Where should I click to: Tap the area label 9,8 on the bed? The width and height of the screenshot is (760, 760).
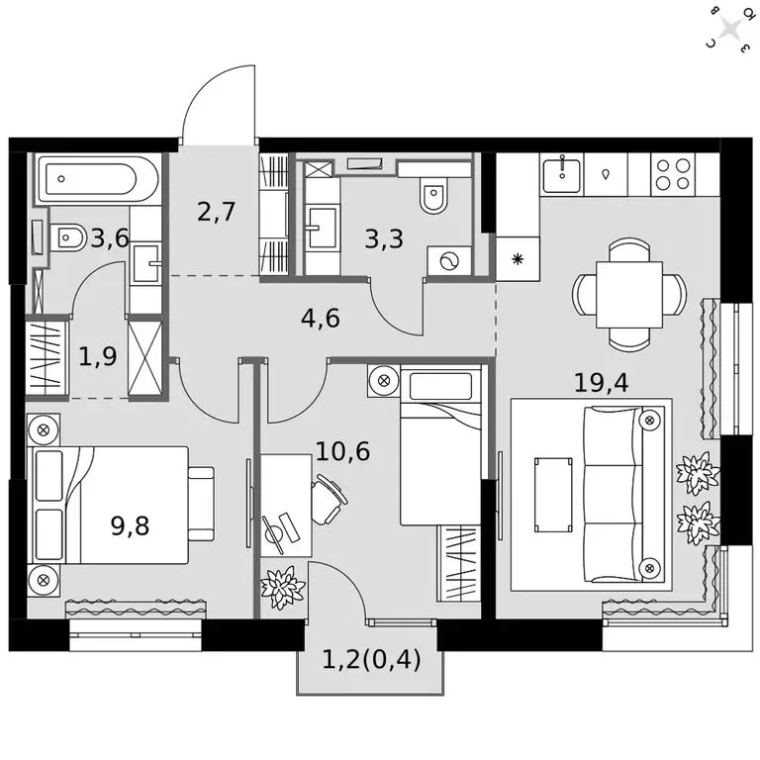tap(131, 524)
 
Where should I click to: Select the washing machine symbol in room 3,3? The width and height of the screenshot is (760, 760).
tap(443, 260)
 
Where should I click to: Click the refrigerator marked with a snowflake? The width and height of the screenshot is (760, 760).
tap(517, 260)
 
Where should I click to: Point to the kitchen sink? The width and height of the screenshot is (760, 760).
tap(563, 174)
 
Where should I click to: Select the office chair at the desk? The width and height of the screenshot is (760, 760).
tap(329, 498)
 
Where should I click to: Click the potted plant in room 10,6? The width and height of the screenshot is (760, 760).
tap(282, 588)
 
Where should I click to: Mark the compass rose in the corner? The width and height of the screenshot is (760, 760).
tap(733, 27)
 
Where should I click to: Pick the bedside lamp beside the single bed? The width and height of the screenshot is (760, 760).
tap(383, 379)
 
